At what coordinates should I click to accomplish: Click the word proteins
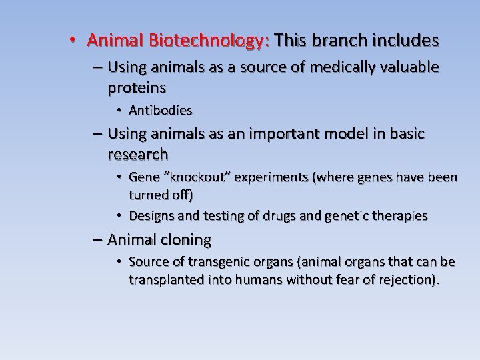[x=136, y=88]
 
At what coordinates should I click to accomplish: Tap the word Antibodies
[x=160, y=110]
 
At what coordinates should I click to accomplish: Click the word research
[x=137, y=155]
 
